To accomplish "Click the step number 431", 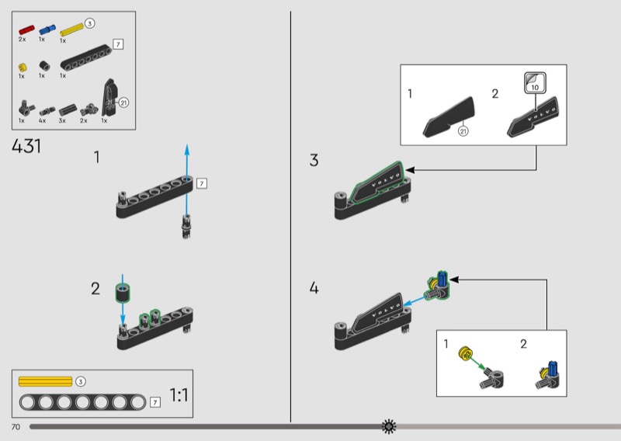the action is point(26,146).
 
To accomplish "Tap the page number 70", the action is point(15,427).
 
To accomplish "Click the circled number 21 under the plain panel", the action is point(463,131).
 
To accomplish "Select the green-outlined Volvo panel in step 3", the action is point(377,183).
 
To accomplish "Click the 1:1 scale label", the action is point(179,396).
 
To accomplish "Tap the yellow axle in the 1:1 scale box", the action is point(45,381).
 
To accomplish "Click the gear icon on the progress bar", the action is point(389,426).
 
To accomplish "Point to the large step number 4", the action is point(314,289).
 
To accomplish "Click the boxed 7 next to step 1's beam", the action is point(202,184).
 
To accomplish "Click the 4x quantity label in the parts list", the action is point(43,120).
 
